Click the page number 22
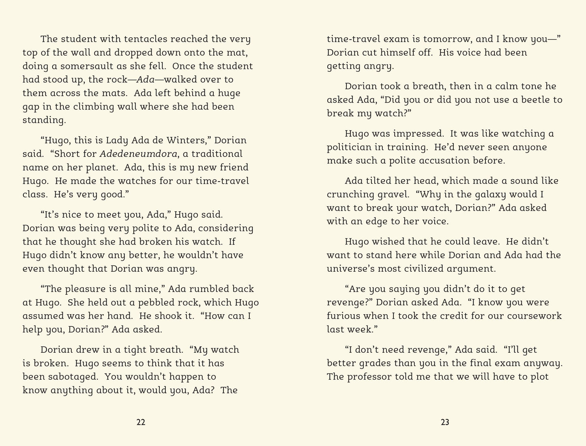(141, 422)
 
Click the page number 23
(445, 422)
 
